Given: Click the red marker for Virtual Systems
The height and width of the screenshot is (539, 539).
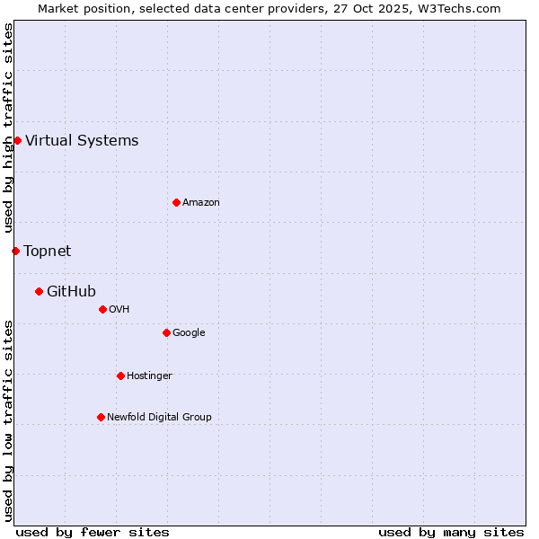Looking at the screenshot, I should (17, 140).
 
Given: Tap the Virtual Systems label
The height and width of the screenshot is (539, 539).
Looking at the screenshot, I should (82, 140).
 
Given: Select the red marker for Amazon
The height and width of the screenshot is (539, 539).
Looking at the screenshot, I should (176, 202).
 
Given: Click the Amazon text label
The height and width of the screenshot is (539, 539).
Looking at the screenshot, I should (201, 202).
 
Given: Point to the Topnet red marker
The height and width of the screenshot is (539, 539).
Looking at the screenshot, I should (15, 251).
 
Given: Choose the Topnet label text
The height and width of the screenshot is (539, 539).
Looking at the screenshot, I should (47, 251).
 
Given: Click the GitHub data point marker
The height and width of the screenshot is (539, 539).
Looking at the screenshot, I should (39, 291).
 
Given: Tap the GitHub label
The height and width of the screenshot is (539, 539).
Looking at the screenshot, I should (71, 291).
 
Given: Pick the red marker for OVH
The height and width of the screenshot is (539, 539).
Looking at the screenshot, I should (102, 309).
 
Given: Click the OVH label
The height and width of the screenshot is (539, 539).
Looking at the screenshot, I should (119, 309).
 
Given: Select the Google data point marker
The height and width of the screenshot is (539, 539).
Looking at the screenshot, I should (166, 332).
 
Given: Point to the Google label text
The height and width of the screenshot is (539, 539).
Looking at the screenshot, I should (189, 332).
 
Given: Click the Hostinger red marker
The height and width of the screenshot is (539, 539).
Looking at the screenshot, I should (120, 376).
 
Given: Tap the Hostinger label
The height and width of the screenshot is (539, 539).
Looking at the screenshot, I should (149, 376).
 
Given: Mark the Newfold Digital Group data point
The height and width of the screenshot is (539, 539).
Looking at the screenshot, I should (101, 417).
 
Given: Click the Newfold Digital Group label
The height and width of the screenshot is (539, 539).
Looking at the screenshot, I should (159, 417).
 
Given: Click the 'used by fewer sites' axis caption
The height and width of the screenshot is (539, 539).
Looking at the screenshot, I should (93, 532).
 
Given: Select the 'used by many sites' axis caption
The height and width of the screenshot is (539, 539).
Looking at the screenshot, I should (451, 532).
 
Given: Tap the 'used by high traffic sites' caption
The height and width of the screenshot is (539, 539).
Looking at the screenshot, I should (8, 128).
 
